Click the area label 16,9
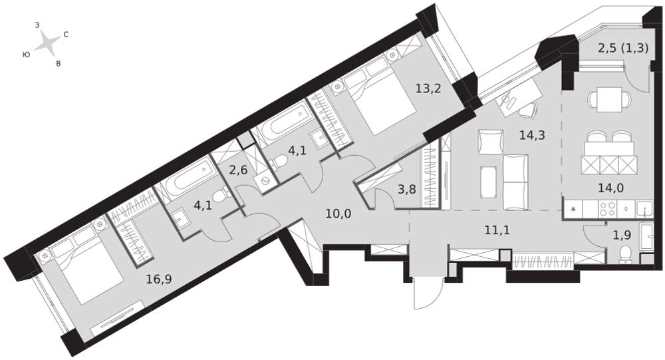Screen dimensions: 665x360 [159, 279]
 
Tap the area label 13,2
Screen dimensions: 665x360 [428, 89]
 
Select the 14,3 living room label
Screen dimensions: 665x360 [532, 136]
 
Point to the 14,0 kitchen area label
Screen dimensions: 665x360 [610, 187]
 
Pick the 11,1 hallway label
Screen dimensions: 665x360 [497, 230]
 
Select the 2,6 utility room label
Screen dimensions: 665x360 [238, 170]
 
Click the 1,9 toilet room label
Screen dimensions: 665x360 [622, 236]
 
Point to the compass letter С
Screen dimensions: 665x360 [66, 35]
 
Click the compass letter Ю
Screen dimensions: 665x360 [27, 55]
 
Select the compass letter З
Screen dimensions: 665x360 [37, 25]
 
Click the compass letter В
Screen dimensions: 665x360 [59, 64]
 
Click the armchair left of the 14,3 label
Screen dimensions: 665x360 [489, 141]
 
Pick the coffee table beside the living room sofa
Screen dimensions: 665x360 [489, 182]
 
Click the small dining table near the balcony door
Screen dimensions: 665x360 [609, 99]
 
